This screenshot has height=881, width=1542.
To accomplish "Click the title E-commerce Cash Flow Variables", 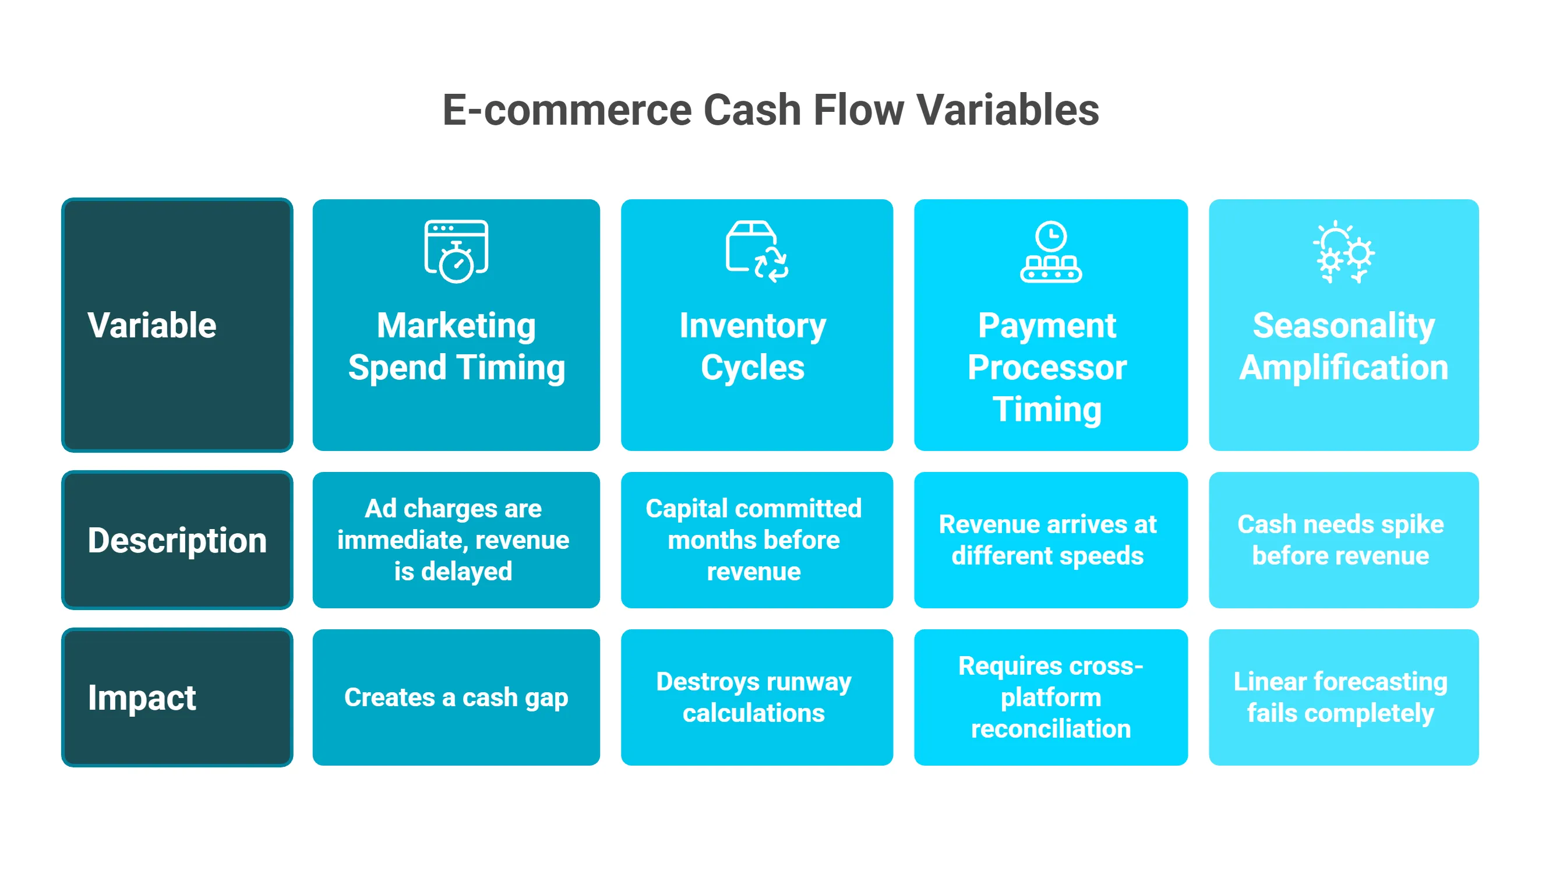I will pyautogui.click(x=770, y=110).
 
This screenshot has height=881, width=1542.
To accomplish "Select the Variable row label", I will pyautogui.click(x=152, y=326).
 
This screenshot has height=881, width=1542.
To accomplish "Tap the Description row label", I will pyautogui.click(x=177, y=540).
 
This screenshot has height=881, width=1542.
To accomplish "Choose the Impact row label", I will pyautogui.click(x=142, y=697).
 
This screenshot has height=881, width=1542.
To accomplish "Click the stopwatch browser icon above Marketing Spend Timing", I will pyautogui.click(x=456, y=251).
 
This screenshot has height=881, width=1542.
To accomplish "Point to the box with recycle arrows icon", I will pyautogui.click(x=756, y=251).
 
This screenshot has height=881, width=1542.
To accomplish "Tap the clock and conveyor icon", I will pyautogui.click(x=1050, y=251).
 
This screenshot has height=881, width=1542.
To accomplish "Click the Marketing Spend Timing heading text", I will pyautogui.click(x=456, y=346).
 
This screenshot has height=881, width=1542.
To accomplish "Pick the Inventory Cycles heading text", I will pyautogui.click(x=753, y=346).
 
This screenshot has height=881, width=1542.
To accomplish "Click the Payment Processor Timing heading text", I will pyautogui.click(x=1047, y=367).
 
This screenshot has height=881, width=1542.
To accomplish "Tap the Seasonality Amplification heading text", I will pyautogui.click(x=1343, y=346).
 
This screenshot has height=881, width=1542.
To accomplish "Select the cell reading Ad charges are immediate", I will pyautogui.click(x=453, y=540).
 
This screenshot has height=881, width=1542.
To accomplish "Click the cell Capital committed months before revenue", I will pyautogui.click(x=753, y=540).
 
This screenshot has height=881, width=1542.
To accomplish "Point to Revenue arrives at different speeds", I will pyautogui.click(x=1047, y=540).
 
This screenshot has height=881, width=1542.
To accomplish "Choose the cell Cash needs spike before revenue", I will pyautogui.click(x=1340, y=540).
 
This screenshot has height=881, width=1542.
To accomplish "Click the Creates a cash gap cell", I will pyautogui.click(x=456, y=697).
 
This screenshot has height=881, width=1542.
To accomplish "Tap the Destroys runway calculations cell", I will pyautogui.click(x=753, y=697).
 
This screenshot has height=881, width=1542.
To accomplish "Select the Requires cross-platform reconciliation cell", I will pyautogui.click(x=1050, y=697).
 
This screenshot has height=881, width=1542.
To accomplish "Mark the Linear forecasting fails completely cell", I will pyautogui.click(x=1340, y=697).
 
